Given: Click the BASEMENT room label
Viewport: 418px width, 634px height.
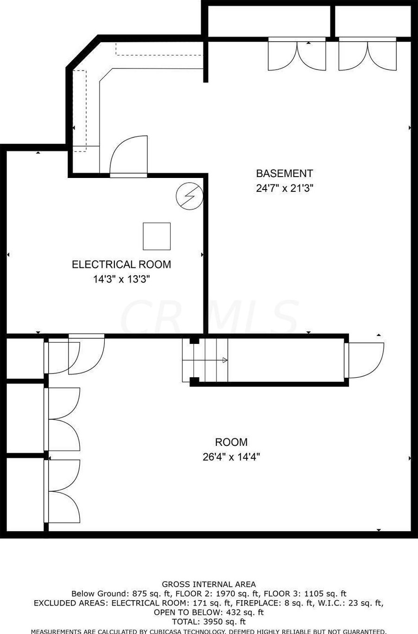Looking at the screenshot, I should (284, 173).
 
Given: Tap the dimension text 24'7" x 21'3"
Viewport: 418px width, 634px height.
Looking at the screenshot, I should (285, 188).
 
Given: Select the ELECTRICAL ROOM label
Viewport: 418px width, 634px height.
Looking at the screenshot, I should (121, 264).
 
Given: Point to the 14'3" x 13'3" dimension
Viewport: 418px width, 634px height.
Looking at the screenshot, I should (121, 279).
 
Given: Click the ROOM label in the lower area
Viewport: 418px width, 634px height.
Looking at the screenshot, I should (231, 442).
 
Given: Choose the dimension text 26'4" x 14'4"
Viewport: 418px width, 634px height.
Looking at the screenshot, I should (231, 456).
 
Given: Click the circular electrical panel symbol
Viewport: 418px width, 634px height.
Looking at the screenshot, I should (190, 196).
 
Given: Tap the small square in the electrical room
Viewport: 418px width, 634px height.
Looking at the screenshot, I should (157, 236).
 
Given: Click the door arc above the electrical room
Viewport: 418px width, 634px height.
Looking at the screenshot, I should (129, 155).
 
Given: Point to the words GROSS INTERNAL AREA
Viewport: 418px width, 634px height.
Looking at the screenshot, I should (209, 584).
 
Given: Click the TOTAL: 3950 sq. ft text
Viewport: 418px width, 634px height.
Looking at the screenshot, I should (209, 622).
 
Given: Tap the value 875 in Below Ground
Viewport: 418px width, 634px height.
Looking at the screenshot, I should (140, 594).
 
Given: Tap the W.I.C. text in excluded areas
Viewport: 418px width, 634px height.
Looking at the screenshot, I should (323, 603).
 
